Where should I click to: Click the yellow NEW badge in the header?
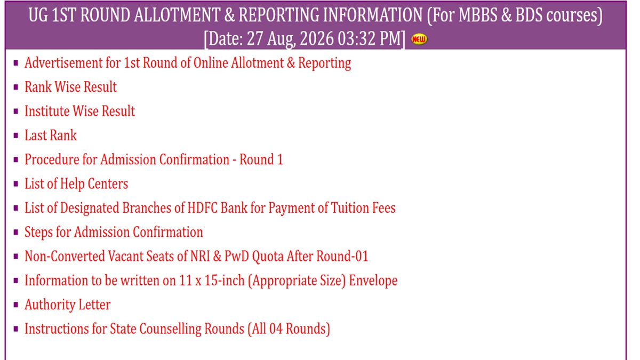point(419,39)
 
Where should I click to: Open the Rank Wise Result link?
point(70,87)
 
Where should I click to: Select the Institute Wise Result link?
point(79,111)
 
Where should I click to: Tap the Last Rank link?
point(51,135)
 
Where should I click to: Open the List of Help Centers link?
point(76,183)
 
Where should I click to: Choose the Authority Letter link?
point(67,305)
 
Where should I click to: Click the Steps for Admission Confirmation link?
point(114,232)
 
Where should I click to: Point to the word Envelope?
point(373,281)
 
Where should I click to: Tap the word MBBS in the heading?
point(477,15)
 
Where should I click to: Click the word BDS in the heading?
point(529,15)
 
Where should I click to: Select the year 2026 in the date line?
point(317,38)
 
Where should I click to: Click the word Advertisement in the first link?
point(63,63)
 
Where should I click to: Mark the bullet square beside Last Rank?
point(15,135)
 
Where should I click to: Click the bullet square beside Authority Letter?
point(15,305)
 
